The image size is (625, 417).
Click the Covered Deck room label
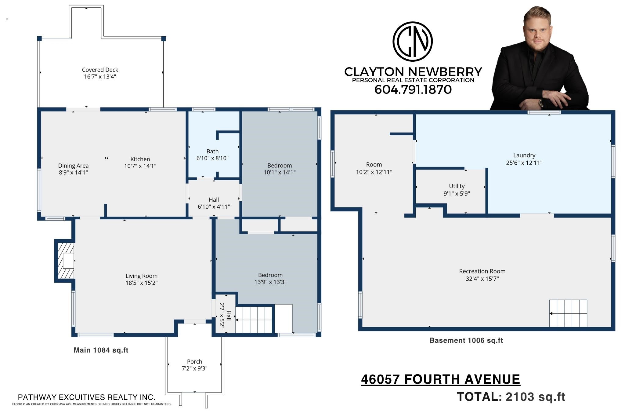(x=100, y=70)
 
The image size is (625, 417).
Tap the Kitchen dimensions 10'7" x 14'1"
(x=140, y=166)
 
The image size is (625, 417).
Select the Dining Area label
(x=74, y=166)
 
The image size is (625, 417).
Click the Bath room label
(x=212, y=151)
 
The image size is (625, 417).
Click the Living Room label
(x=142, y=276)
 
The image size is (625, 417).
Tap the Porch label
(x=195, y=361)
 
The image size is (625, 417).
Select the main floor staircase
(x=254, y=320)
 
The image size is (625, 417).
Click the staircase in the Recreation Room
(x=568, y=313)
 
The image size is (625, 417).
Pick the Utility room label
(x=457, y=186)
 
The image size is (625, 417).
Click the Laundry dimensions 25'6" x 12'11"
(x=524, y=163)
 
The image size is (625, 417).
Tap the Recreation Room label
(x=482, y=271)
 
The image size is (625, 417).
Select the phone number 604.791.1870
(x=413, y=90)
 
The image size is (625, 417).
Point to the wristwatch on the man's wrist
(x=541, y=103)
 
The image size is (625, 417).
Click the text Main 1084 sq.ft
(x=101, y=350)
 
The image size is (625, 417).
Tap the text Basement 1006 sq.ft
(x=466, y=340)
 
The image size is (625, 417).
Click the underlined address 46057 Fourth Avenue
(x=441, y=379)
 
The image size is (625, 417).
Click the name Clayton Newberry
(x=413, y=72)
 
